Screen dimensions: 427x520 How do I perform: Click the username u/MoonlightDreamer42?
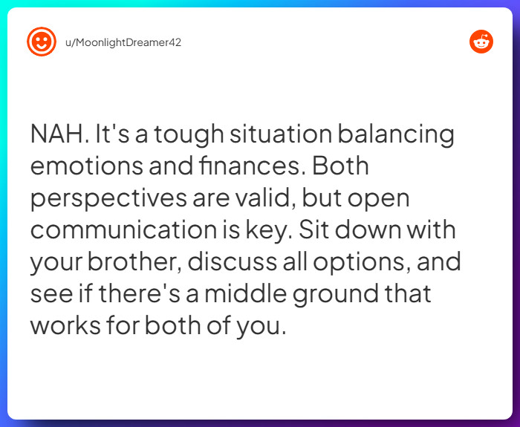[124, 42]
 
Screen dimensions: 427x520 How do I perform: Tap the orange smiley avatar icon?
[41, 42]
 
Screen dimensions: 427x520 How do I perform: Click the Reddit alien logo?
[481, 42]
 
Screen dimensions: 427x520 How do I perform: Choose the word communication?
[127, 230]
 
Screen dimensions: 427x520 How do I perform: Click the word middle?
[242, 294]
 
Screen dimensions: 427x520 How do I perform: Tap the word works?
[65, 326]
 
